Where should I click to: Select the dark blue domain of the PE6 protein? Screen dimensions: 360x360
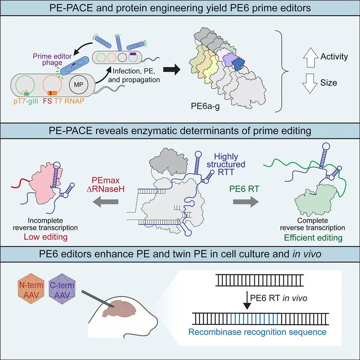coord(239,64)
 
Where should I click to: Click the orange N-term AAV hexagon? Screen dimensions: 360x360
coord(31,289)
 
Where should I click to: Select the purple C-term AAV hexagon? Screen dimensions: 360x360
coord(62,289)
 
